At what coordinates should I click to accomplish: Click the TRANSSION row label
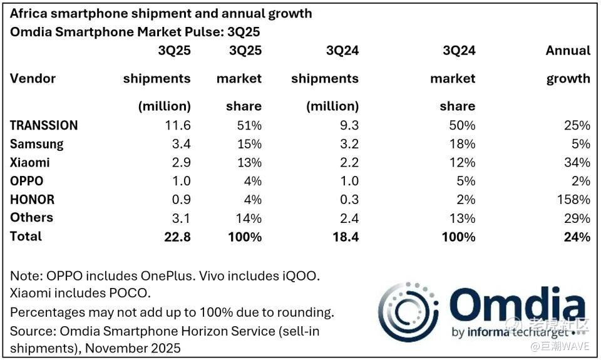point(44,125)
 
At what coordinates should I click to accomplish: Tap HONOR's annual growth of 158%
point(576,200)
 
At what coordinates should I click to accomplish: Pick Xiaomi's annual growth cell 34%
point(577,163)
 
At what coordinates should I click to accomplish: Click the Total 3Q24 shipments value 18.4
point(346,237)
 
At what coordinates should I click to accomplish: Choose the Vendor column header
point(33,79)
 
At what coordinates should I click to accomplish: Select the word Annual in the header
point(568,51)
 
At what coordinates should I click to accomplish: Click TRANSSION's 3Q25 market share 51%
point(248,125)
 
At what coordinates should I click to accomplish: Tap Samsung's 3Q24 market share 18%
point(462,144)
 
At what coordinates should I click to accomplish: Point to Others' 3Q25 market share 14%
point(248,218)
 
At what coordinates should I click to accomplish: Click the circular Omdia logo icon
point(408,312)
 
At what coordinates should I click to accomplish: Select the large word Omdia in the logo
point(517,307)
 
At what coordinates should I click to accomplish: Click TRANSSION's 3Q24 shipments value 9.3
point(349,125)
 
